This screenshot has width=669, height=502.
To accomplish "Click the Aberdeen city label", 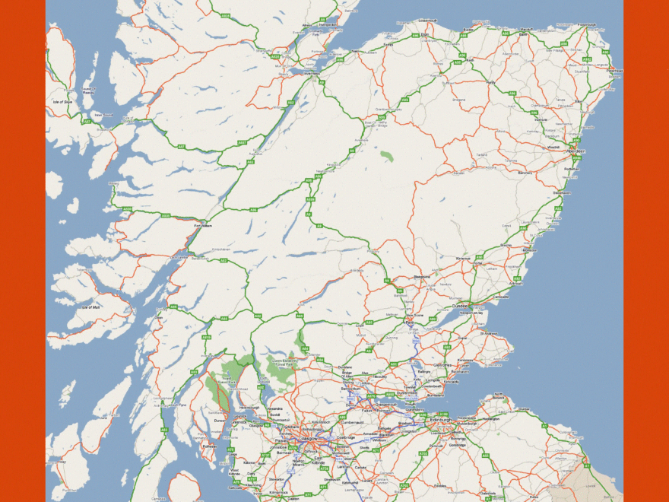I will click(x=575, y=151).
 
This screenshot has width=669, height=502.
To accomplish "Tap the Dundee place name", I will click(x=458, y=306).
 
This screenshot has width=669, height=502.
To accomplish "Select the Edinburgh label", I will click(x=442, y=420).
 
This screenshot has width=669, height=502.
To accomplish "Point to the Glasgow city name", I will click(x=308, y=438).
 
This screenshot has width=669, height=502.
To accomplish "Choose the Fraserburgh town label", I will click(x=587, y=24).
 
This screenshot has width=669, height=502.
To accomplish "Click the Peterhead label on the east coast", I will click(x=615, y=71).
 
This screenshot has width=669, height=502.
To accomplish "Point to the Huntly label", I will click(x=490, y=82).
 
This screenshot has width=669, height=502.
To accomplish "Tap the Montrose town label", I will click(x=529, y=249).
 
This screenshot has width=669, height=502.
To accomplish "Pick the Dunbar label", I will click(x=523, y=408).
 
